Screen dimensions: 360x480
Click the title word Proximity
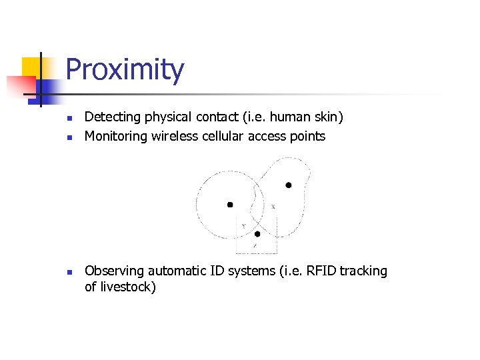pos(125,70)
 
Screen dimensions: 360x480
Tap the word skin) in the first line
pos(327,117)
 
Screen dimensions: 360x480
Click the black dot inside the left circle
pos(230,205)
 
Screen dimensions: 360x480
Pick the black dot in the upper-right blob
pos(289,185)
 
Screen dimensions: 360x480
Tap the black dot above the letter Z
pos(257,234)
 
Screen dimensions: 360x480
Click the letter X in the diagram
pos(273,207)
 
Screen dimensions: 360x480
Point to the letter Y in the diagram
pos(243,226)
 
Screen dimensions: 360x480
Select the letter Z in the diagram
pos(254,245)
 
